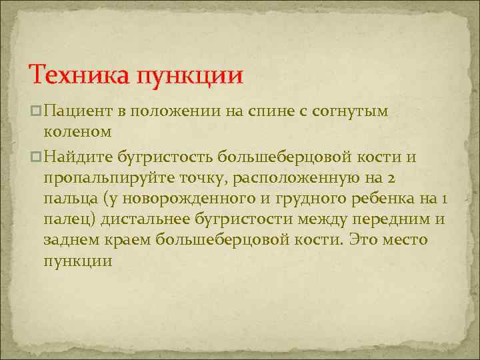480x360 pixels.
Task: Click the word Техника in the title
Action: [79, 74]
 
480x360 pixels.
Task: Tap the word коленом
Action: [77, 133]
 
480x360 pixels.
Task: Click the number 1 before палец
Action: [443, 199]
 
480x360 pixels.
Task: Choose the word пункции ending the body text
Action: [78, 261]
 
